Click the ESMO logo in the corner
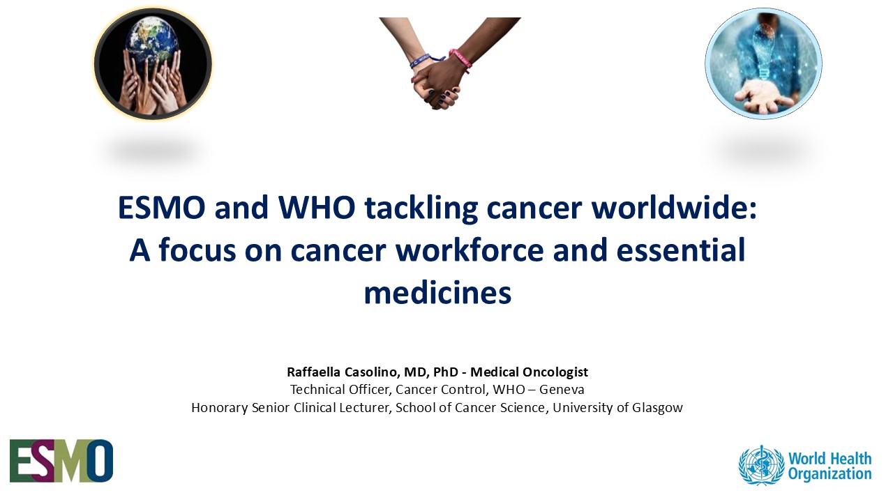pyautogui.click(x=61, y=461)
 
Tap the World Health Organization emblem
pyautogui.click(x=761, y=465)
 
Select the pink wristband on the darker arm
pyautogui.click(x=461, y=60)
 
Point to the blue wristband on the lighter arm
pyautogui.click(x=425, y=61)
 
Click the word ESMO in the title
pyautogui.click(x=161, y=208)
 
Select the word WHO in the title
pyautogui.click(x=317, y=208)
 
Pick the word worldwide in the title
pyautogui.click(x=674, y=208)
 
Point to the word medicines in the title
pyautogui.click(x=437, y=292)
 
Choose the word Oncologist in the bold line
pyautogui.click(x=555, y=372)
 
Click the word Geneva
pyautogui.click(x=562, y=389)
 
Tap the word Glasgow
pyautogui.click(x=657, y=408)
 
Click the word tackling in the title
pyautogui.click(x=421, y=208)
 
